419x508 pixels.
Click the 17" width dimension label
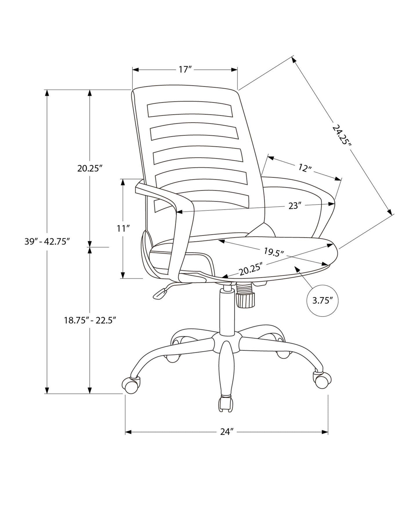185,70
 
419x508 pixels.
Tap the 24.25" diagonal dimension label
342,135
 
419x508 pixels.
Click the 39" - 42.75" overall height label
47,242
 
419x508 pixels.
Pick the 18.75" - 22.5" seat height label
90,320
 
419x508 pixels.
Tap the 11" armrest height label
123,229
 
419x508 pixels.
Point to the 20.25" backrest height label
90,168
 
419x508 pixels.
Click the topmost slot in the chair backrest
190,109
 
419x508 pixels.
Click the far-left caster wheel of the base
130,385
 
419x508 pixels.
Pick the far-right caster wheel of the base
322,381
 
